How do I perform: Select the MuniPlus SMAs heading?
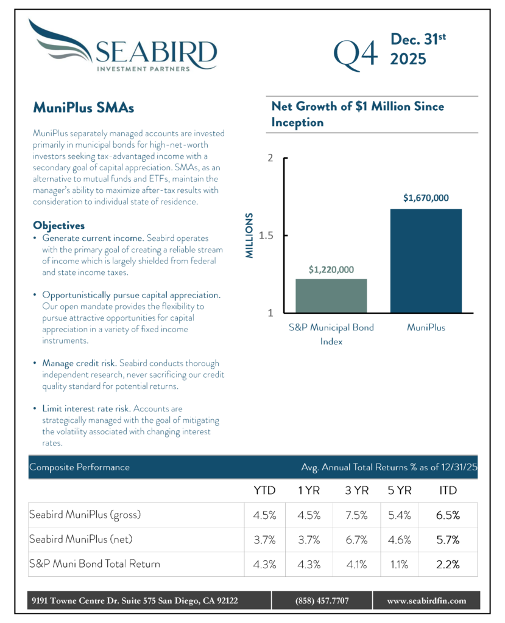(83, 108)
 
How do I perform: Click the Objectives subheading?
(59, 225)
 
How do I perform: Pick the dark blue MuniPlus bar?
(426, 261)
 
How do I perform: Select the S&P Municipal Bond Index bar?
(331, 296)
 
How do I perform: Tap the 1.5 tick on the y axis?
(265, 235)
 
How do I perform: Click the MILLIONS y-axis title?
(249, 236)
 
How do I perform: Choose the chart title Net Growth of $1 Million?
(358, 114)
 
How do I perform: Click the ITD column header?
(448, 490)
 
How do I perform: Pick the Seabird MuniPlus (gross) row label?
(85, 515)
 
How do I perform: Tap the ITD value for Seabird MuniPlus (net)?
(448, 539)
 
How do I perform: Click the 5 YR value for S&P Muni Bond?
(399, 564)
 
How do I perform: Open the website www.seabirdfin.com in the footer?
(426, 600)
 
